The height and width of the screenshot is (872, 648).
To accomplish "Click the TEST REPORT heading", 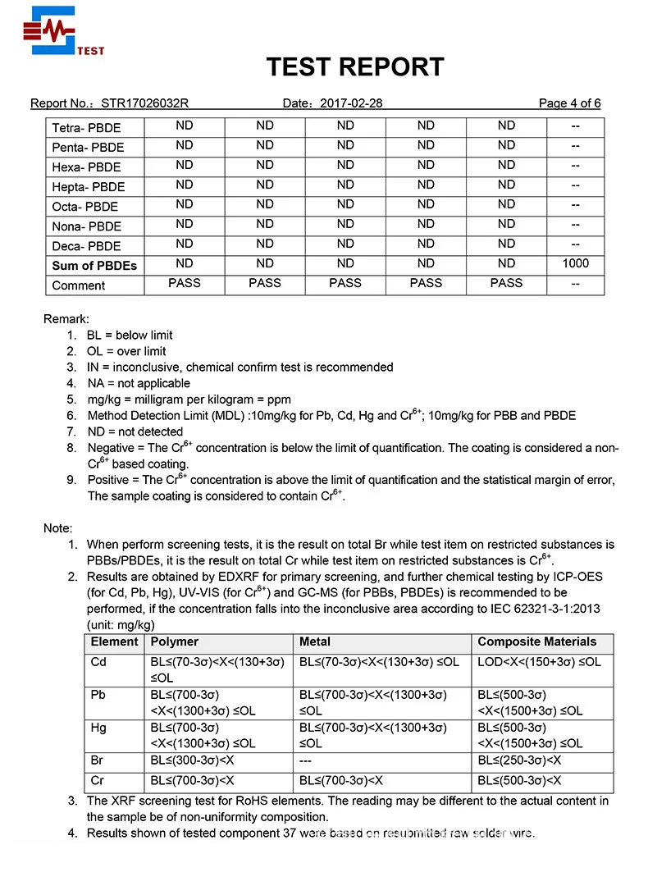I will pyautogui.click(x=354, y=66).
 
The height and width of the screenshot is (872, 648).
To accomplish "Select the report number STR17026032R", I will pyautogui.click(x=145, y=103).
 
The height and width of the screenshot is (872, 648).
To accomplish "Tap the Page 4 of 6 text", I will pyautogui.click(x=569, y=103).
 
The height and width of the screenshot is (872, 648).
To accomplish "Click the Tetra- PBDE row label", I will pyautogui.click(x=86, y=128).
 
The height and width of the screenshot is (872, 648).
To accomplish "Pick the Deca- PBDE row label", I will pyautogui.click(x=86, y=246).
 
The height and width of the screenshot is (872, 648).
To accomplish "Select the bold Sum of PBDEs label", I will pyautogui.click(x=94, y=266).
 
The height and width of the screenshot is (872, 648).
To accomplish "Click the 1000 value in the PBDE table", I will pyautogui.click(x=575, y=263).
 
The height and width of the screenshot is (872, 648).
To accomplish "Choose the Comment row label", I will pyautogui.click(x=78, y=285).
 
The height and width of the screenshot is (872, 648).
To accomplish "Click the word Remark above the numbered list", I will pyautogui.click(x=66, y=318).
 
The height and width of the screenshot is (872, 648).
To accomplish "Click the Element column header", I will pyautogui.click(x=114, y=641).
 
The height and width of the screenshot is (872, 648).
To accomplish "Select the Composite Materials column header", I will pyautogui.click(x=536, y=641).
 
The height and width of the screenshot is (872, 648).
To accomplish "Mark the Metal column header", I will pyautogui.click(x=315, y=641).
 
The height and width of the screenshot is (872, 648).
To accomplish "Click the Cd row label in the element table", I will pyautogui.click(x=98, y=662).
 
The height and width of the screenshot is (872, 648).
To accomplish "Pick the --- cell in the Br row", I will pyautogui.click(x=308, y=760).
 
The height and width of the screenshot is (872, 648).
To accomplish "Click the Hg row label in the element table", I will pyautogui.click(x=98, y=728).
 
